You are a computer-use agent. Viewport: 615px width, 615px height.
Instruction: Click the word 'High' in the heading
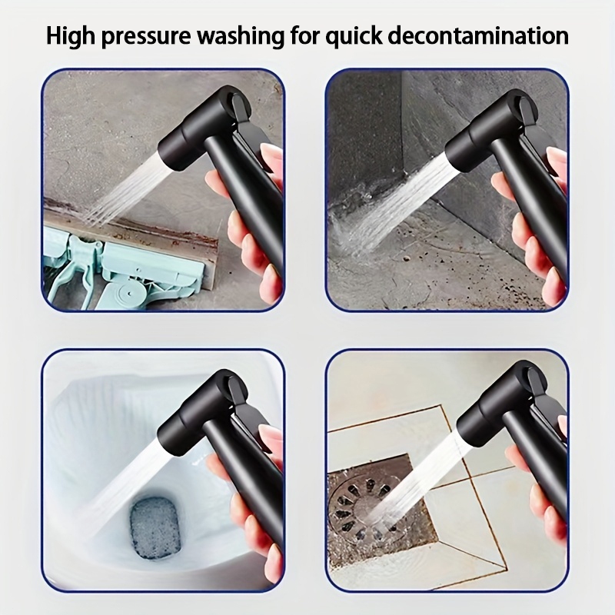coord(71,36)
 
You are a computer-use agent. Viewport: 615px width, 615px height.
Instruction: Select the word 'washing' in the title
coord(240,37)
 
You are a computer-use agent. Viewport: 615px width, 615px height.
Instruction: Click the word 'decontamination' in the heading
coord(478,36)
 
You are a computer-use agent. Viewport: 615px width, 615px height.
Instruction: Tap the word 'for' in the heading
coord(304,35)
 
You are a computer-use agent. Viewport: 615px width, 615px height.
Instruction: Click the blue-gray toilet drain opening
coord(155,527)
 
